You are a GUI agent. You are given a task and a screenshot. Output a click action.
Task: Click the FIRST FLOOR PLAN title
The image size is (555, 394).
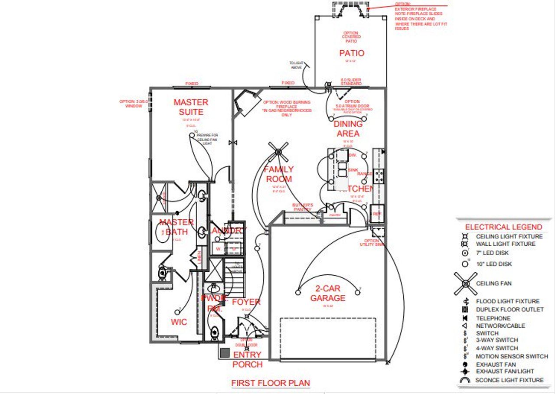point(271,383)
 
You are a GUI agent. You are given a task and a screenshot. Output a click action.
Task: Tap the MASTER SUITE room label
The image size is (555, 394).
point(191,107)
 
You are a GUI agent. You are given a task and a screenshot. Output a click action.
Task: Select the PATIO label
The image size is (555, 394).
point(351,53)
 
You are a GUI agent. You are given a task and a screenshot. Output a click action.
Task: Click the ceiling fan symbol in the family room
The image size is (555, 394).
point(278,151)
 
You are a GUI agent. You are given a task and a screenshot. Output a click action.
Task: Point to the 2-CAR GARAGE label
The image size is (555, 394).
point(328,293)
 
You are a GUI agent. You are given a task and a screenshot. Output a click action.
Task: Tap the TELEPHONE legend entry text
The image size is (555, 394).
point(493,318)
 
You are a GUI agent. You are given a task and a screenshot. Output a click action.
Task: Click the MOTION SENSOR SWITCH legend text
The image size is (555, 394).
point(512,356)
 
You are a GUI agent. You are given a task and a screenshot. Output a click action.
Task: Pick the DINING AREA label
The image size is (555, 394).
point(348,129)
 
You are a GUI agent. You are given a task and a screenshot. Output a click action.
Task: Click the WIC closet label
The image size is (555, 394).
point(179,322)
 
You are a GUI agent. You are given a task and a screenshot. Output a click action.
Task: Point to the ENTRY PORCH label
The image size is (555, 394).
point(248,360)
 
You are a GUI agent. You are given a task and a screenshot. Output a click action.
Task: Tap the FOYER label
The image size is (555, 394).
point(246,302)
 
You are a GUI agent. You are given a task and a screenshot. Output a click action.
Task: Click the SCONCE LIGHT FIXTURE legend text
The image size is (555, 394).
point(509,380)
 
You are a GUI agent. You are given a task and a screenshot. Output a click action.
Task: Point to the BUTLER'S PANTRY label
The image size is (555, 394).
point(303,207)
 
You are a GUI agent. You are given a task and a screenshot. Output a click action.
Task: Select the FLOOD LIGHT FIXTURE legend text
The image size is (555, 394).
point(508,301)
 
